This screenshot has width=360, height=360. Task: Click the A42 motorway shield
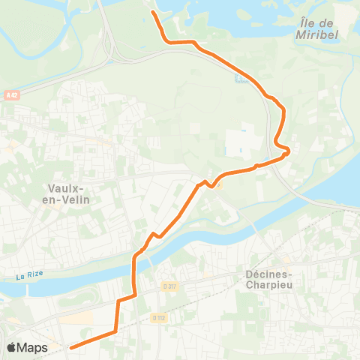tap(10, 95)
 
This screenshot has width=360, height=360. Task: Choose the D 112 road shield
tap(158, 317)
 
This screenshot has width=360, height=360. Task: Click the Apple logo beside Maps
tap(12, 347)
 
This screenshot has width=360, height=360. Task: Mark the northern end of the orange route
tap(154, 13)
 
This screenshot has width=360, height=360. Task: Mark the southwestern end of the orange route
tap(71, 347)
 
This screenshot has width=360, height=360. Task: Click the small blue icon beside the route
tap(239, 78)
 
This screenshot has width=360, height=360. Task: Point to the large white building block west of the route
tap(241, 142)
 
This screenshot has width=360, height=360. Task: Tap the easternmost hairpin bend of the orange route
tap(288, 153)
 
